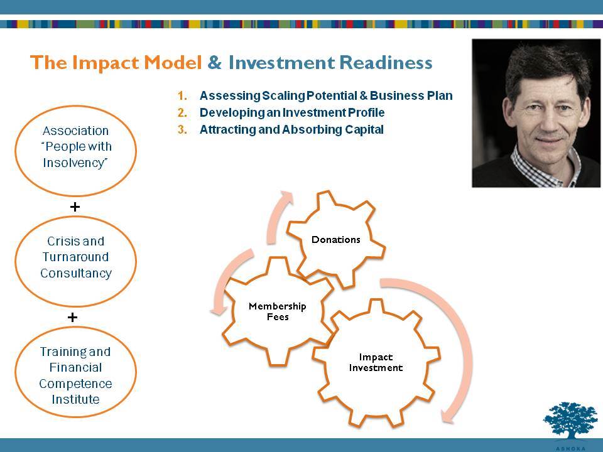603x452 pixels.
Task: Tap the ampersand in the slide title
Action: click(215, 62)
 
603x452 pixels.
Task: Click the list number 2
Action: click(182, 112)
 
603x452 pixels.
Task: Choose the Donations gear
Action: click(335, 239)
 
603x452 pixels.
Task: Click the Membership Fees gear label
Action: click(278, 311)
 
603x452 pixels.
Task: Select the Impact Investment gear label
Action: click(376, 362)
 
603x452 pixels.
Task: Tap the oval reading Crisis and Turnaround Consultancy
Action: click(76, 261)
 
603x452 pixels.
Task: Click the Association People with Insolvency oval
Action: click(76, 151)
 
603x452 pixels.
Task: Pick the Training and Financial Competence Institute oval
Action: click(76, 372)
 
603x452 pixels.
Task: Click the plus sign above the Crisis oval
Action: click(75, 207)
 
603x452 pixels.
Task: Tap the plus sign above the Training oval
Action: click(72, 317)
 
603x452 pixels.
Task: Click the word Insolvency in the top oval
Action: click(75, 163)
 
